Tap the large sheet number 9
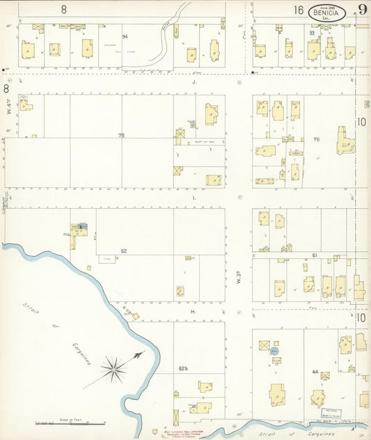363,10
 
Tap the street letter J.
196,81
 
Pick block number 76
317,139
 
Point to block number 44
315,374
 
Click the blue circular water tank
275,351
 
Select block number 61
315,256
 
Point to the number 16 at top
299,10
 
